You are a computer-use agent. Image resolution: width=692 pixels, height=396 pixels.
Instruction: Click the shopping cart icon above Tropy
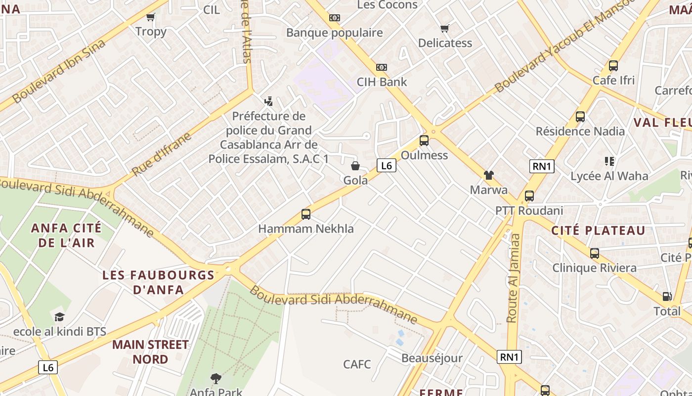(x=151, y=17)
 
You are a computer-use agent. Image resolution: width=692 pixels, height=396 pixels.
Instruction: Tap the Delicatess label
(x=445, y=43)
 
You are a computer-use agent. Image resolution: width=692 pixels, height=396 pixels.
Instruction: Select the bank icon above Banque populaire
(x=335, y=18)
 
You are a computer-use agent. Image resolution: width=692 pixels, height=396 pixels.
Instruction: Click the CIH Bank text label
(x=382, y=82)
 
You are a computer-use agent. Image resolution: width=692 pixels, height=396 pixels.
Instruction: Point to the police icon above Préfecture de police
(x=268, y=101)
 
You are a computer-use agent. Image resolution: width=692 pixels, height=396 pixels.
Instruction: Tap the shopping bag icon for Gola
(x=355, y=166)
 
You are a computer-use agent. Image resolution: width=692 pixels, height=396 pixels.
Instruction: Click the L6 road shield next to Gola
(x=386, y=166)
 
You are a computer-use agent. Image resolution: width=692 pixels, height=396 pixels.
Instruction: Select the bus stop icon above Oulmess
(x=424, y=141)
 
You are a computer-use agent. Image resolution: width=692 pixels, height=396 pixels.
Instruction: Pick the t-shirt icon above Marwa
(x=488, y=175)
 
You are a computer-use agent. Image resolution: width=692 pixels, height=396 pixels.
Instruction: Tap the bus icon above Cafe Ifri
(x=613, y=66)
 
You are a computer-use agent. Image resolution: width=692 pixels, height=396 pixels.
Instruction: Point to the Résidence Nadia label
(x=580, y=131)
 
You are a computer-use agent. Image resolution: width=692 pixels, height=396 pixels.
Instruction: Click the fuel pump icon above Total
(x=667, y=297)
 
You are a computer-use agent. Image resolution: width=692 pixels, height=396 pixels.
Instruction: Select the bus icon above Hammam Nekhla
(x=306, y=214)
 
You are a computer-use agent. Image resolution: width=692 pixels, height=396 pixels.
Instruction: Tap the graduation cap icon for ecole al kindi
(x=59, y=317)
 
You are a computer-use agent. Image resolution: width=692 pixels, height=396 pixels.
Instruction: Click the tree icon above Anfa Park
(x=216, y=379)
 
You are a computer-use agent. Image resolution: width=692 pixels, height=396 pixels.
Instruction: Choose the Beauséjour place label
(x=432, y=358)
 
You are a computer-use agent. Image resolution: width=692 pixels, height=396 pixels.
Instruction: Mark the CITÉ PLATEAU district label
(x=598, y=230)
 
